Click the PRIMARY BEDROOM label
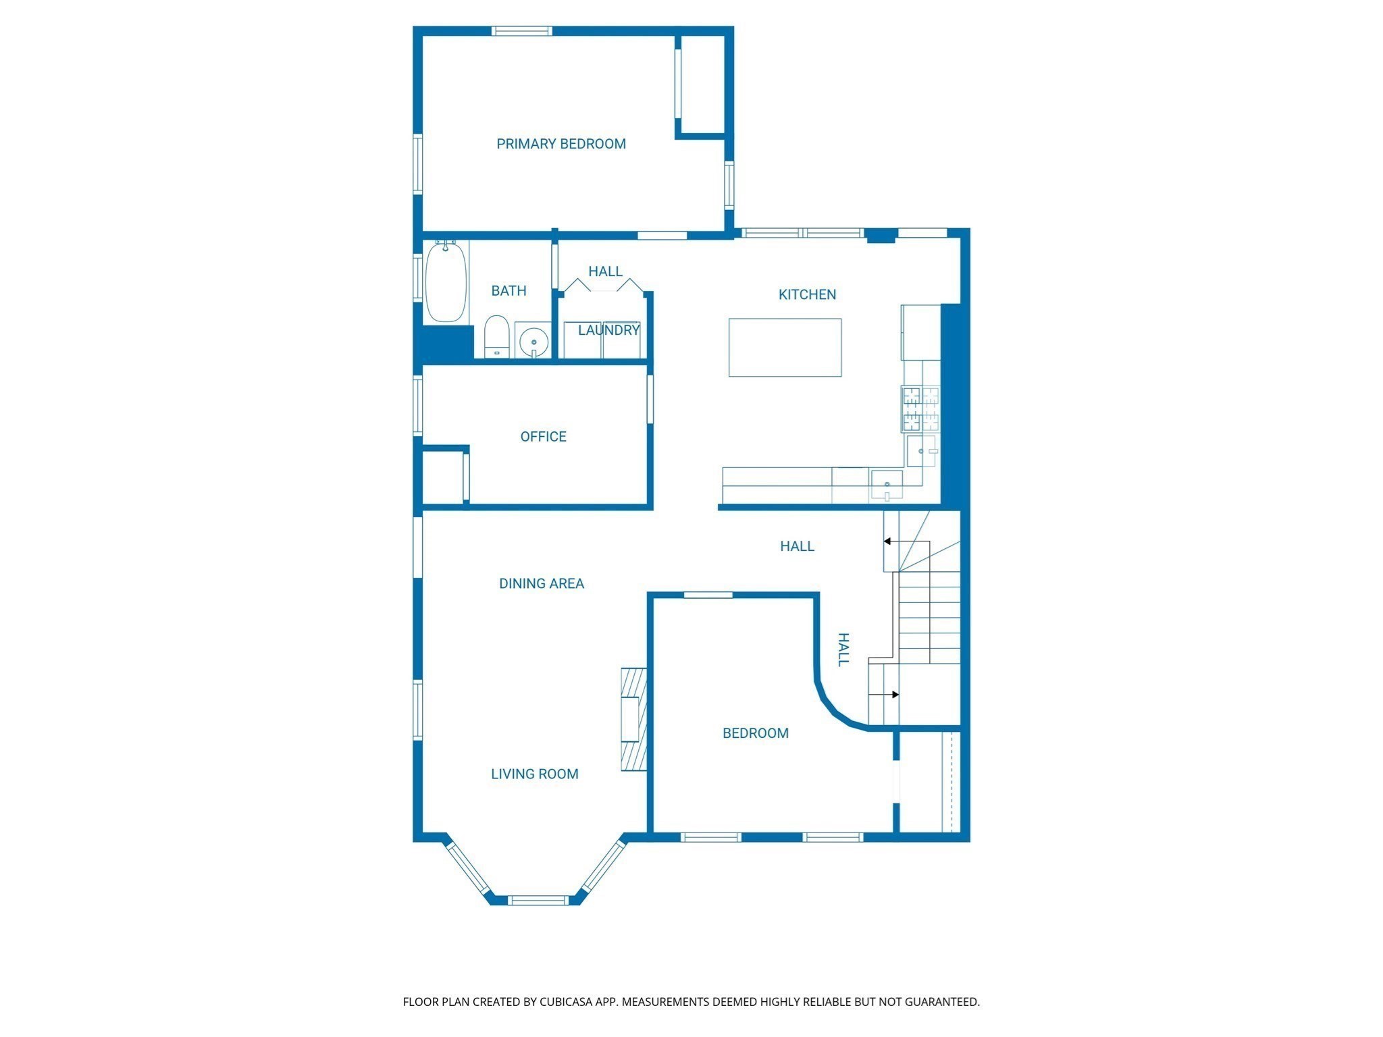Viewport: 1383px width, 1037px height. [x=560, y=144]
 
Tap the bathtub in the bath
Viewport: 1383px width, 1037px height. [x=446, y=282]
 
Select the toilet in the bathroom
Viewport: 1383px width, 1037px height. [x=496, y=336]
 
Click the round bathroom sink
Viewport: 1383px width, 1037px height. [x=533, y=341]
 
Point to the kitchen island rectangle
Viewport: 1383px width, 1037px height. [x=785, y=347]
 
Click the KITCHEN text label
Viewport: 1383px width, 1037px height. [x=807, y=294]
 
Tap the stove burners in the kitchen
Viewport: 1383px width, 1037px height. [x=920, y=408]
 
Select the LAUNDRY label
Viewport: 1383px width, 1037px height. [x=608, y=330]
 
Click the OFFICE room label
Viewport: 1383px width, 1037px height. [x=543, y=437]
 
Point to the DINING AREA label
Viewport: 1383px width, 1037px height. [x=541, y=583]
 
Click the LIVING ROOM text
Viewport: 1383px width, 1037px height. [x=534, y=774]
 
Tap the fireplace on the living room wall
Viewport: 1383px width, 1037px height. [x=633, y=719]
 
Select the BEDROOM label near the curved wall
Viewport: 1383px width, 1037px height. [x=755, y=733]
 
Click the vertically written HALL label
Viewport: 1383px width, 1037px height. [x=843, y=649]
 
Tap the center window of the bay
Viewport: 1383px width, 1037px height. [x=538, y=899]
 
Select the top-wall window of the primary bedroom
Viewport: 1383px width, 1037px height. [x=521, y=31]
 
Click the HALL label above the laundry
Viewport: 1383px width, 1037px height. [x=605, y=271]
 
